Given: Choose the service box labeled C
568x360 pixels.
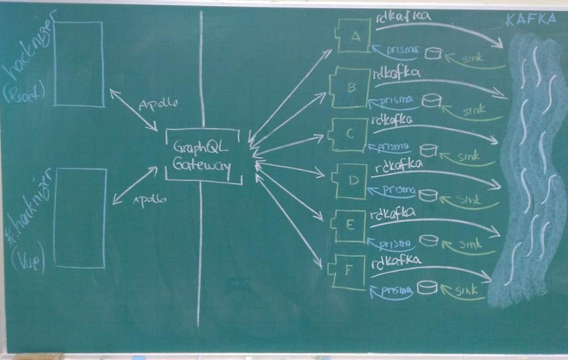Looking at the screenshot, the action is [349, 134].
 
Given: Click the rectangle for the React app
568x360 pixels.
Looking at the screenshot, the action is [78, 64].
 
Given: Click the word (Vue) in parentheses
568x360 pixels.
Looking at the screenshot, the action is [19, 257].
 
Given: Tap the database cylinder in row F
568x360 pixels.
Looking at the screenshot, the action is [426, 288].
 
